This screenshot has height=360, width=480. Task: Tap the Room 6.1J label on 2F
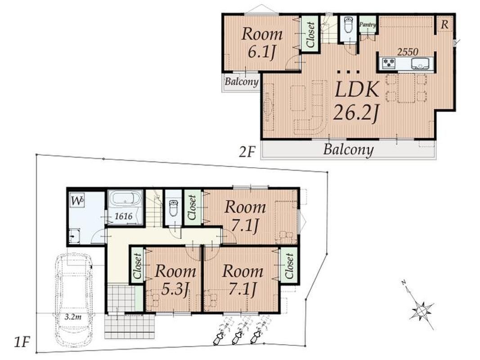click(262, 43)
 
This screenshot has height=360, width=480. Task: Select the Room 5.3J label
click(175, 279)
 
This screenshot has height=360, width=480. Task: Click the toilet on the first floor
click(173, 208)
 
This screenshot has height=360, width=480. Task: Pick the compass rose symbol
click(422, 310)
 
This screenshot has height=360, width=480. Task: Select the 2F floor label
click(247, 152)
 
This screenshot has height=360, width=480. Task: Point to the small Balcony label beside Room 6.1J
click(242, 82)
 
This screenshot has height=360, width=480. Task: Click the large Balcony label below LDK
click(348, 150)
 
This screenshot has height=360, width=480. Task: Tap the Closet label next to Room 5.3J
click(137, 266)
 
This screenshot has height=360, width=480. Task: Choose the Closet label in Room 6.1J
click(310, 35)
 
